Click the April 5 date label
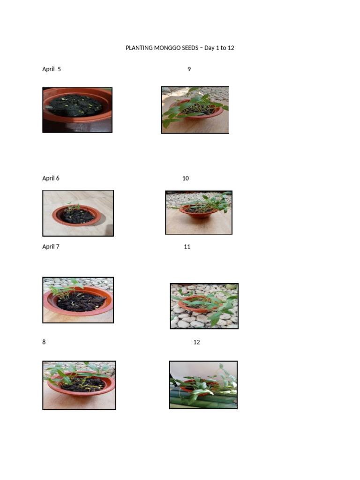pos(52,69)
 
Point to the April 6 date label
pos(51,179)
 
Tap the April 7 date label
pos(51,247)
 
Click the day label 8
pos(44,342)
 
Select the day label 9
pos(189,69)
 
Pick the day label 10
pos(186,179)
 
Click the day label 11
pos(187,247)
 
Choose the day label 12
pos(196,342)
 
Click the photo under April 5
pos(77,110)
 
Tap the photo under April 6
pos(78,213)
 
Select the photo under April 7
pos(78,300)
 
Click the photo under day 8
pos(79,385)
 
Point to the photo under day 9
pos(195,110)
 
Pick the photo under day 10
pos(199,212)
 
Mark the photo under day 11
pos(204,306)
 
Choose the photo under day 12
pos(203,385)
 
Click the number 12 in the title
pos(231,48)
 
